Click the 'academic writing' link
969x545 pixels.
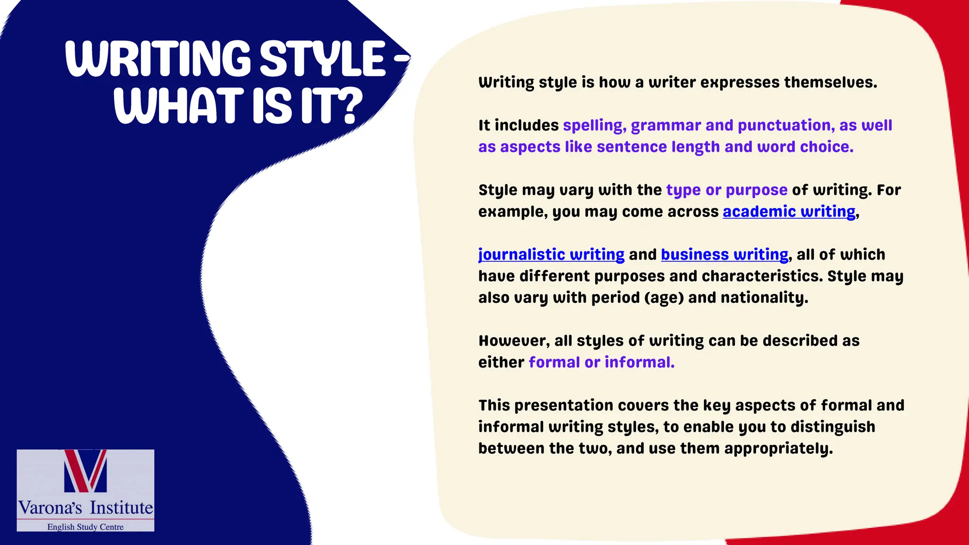click(x=789, y=211)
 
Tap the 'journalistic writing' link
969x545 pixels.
click(x=551, y=255)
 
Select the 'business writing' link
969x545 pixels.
click(x=724, y=255)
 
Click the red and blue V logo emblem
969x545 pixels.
click(x=86, y=471)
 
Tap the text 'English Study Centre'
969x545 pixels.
click(x=85, y=527)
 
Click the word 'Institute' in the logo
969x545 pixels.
click(x=122, y=508)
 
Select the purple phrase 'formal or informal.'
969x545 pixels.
click(x=601, y=362)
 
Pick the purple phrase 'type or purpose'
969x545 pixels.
click(x=727, y=190)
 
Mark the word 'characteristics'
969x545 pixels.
click(x=762, y=276)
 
